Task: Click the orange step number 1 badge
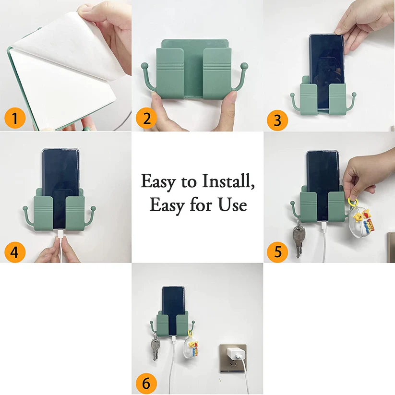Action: [x=15, y=118]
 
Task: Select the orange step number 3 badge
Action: [x=277, y=120]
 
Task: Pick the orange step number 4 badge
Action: [x=15, y=251]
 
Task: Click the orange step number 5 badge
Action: [x=277, y=251]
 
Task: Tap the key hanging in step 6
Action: [x=155, y=348]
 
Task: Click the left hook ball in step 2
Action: [x=143, y=65]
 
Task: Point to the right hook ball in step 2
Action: [x=244, y=65]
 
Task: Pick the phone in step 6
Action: [x=172, y=302]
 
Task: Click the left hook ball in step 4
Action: [x=25, y=209]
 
